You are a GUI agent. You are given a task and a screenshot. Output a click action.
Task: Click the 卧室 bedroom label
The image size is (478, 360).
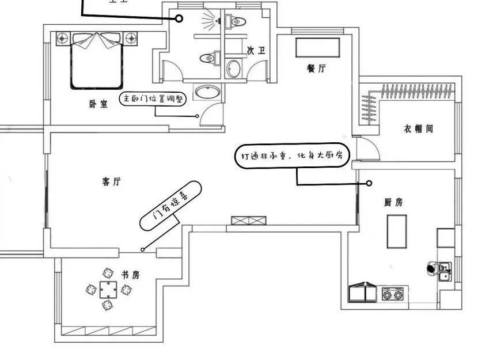pyautogui.click(x=98, y=104)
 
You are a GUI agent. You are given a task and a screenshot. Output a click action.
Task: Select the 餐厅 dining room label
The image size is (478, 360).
pyautogui.click(x=317, y=68)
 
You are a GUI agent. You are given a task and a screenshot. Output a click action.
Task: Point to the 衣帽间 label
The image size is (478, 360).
pyautogui.click(x=418, y=129)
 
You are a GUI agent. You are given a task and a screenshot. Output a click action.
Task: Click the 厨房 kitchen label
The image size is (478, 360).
pyautogui.click(x=393, y=202)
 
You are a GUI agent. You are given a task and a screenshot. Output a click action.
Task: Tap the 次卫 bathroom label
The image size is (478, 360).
pyautogui.click(x=256, y=51)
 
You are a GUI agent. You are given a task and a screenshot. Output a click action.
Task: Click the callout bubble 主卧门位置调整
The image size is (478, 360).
pyautogui.click(x=153, y=98)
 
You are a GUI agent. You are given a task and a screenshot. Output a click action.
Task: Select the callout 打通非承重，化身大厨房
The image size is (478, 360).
pyautogui.click(x=293, y=156)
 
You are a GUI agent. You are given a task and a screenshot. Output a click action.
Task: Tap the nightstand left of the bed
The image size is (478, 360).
pyautogui.click(x=63, y=39)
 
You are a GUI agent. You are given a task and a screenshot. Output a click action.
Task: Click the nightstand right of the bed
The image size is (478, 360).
pyautogui.click(x=132, y=39)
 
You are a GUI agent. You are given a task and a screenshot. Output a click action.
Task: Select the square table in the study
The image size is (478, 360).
pyautogui.click(x=107, y=289)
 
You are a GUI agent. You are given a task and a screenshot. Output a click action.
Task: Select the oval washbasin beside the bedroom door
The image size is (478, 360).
pyautogui.click(x=207, y=93)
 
